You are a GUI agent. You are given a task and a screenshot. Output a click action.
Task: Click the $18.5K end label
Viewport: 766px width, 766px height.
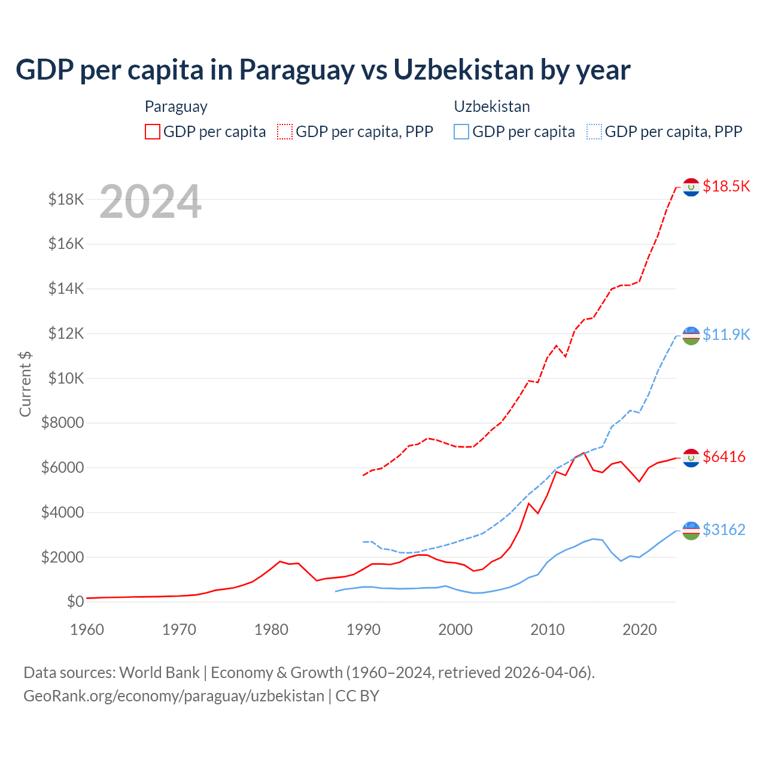tap(726, 186)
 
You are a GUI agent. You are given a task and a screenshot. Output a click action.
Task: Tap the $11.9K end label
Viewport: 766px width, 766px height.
tap(726, 335)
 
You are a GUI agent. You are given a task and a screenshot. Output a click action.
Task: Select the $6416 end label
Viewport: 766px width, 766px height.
tap(724, 457)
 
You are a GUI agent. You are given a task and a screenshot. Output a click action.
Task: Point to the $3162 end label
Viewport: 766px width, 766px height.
tap(724, 530)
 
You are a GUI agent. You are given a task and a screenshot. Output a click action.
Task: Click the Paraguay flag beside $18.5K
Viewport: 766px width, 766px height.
tap(691, 187)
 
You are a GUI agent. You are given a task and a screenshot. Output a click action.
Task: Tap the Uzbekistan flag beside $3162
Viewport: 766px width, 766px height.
tap(691, 531)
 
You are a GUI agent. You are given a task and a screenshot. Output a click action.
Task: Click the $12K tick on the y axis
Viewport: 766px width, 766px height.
tap(66, 334)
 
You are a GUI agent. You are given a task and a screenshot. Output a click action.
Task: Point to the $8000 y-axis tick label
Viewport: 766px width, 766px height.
tap(62, 423)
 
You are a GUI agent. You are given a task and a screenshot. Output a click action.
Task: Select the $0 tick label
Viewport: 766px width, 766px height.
tap(75, 601)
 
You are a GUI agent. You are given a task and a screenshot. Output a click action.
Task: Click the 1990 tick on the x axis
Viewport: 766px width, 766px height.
tap(363, 630)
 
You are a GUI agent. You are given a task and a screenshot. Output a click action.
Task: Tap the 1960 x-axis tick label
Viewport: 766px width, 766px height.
tap(87, 630)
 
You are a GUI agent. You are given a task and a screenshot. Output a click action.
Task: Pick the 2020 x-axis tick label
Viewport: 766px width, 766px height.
tap(640, 630)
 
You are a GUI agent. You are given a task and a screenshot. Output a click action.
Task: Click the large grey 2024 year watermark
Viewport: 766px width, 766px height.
tap(150, 202)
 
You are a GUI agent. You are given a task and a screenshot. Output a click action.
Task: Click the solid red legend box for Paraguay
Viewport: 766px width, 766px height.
tap(153, 132)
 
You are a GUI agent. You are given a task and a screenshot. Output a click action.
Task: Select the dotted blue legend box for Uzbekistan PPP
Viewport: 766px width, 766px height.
tap(594, 132)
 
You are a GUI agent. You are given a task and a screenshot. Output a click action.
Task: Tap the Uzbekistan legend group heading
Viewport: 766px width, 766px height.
tap(492, 107)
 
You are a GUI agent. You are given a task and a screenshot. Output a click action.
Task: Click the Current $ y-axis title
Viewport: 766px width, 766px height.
tap(25, 384)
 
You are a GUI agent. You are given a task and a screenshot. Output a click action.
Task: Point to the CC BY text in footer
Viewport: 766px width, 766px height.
tap(357, 696)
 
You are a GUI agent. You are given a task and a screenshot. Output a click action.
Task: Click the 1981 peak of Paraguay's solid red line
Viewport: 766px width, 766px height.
tap(280, 561)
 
